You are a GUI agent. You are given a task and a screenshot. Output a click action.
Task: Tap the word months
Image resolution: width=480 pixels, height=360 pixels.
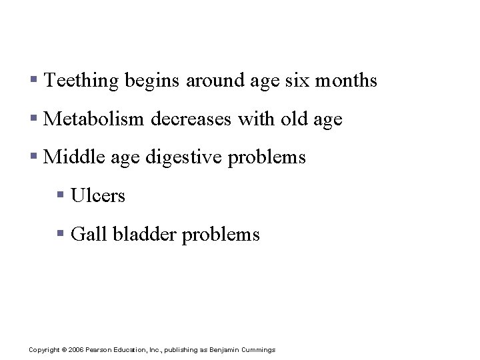coord(346,81)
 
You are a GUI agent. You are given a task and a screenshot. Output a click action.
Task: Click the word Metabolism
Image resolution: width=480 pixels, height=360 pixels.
coord(93,119)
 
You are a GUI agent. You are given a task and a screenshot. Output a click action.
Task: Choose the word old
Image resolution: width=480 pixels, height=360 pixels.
coord(294,119)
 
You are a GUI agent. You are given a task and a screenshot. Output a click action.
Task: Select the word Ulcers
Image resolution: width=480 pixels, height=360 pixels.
coord(97,196)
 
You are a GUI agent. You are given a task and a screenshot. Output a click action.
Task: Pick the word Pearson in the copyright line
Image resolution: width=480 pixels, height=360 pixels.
coord(97,350)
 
